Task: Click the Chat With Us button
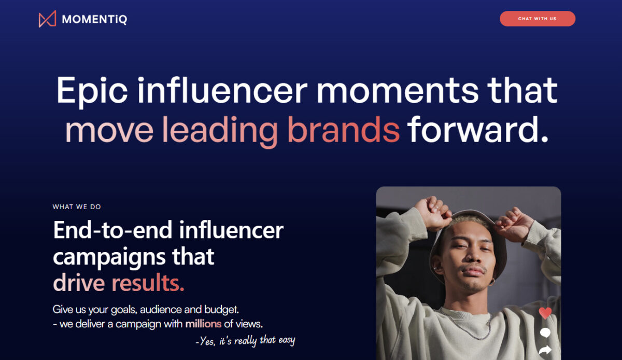point(538,19)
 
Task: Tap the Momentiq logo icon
point(47,19)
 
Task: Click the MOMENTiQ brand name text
point(94,19)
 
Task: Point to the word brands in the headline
point(344,130)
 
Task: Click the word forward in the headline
point(477,130)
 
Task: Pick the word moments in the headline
point(398,91)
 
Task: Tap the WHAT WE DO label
point(77,207)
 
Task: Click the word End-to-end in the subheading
point(113,230)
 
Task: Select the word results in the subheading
point(148,283)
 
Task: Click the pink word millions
point(203,324)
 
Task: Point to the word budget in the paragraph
point(222,309)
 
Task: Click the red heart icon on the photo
point(545,313)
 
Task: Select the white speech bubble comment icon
point(545,333)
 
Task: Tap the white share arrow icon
point(545,350)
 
